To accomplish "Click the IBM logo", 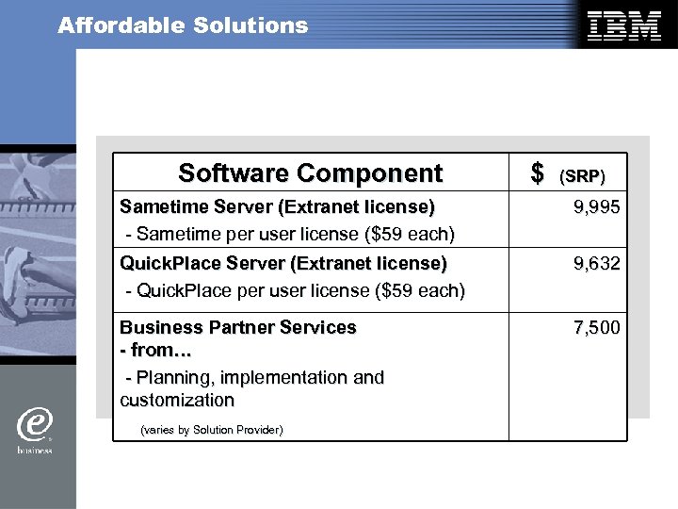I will (624, 25).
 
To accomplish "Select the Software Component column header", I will (310, 173).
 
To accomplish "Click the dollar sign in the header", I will (538, 173).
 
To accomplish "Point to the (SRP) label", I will (582, 176).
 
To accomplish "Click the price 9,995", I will (597, 206).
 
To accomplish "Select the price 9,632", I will (597, 264).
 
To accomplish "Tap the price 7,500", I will (597, 328).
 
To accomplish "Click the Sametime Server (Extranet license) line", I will (277, 206).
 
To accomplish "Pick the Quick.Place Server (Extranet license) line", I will (282, 263).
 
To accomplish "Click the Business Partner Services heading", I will (238, 328).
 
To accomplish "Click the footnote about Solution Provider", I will (210, 430).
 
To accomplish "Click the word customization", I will (177, 401).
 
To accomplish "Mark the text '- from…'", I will (155, 351).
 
